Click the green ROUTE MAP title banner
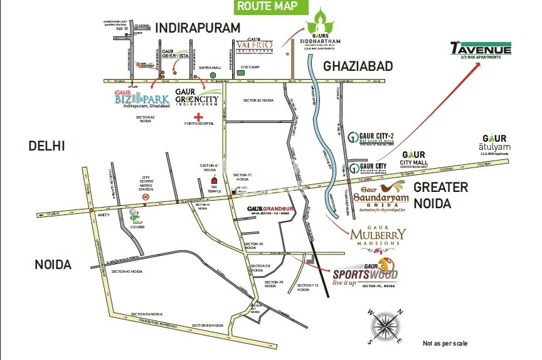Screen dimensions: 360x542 tap(272, 7)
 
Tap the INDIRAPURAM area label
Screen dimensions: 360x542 tap(198, 28)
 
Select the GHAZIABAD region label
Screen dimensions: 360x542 tap(358, 66)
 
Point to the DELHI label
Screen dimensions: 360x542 tap(46, 146)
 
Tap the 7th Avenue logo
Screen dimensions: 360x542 tap(481, 50)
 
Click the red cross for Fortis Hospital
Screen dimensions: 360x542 tap(199, 117)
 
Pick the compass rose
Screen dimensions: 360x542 tap(386, 326)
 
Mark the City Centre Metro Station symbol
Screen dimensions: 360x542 tap(145, 196)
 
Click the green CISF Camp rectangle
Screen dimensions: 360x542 tap(241, 73)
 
